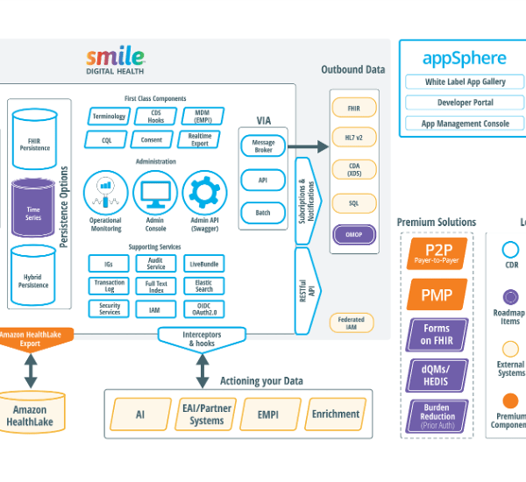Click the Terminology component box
(x=109, y=116)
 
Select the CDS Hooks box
(x=156, y=116)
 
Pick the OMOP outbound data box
(x=353, y=235)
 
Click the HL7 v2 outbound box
(x=353, y=138)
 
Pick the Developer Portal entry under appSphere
(x=465, y=103)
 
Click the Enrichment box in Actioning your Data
(x=336, y=414)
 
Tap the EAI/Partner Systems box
(x=207, y=415)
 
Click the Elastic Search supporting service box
(x=203, y=286)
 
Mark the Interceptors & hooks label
(x=203, y=337)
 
